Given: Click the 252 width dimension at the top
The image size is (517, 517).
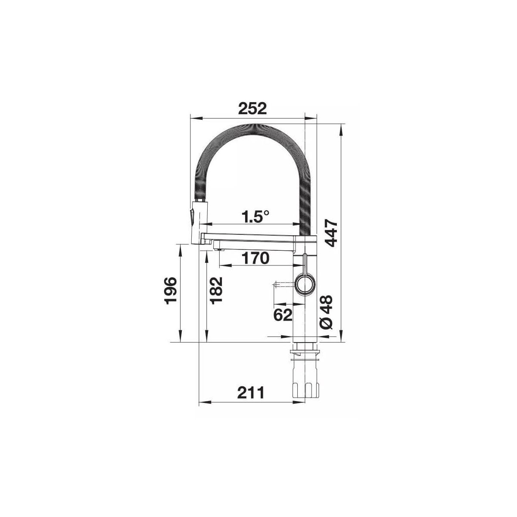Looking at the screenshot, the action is pos(252,109).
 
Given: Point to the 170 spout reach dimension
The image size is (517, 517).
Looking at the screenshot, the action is pos(255,258).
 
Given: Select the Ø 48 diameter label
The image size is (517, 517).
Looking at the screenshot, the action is pos(327,312).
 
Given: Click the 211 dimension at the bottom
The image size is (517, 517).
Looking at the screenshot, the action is pos(251,393).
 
